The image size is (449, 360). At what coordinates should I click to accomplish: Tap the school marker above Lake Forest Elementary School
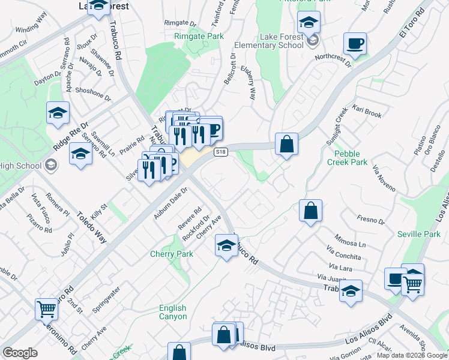tap(309, 23)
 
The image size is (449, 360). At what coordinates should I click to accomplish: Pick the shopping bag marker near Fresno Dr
tap(310, 211)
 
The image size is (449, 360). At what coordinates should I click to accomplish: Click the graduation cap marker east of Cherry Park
tap(226, 245)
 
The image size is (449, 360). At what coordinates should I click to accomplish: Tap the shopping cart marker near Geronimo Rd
tap(46, 309)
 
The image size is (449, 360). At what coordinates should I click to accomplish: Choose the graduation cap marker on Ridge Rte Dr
tap(58, 113)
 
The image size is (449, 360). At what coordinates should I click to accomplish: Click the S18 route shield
tap(221, 152)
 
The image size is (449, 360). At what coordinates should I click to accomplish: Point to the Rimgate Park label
tap(199, 37)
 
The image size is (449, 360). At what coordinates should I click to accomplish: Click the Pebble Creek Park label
tap(347, 158)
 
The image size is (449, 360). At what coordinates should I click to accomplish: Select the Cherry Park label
tap(172, 254)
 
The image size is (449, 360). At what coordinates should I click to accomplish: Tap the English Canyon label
tap(173, 312)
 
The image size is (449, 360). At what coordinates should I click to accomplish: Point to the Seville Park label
tap(420, 234)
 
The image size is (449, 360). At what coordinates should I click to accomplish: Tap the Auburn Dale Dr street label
tap(170, 203)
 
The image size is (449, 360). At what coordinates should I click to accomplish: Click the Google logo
tap(20, 353)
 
